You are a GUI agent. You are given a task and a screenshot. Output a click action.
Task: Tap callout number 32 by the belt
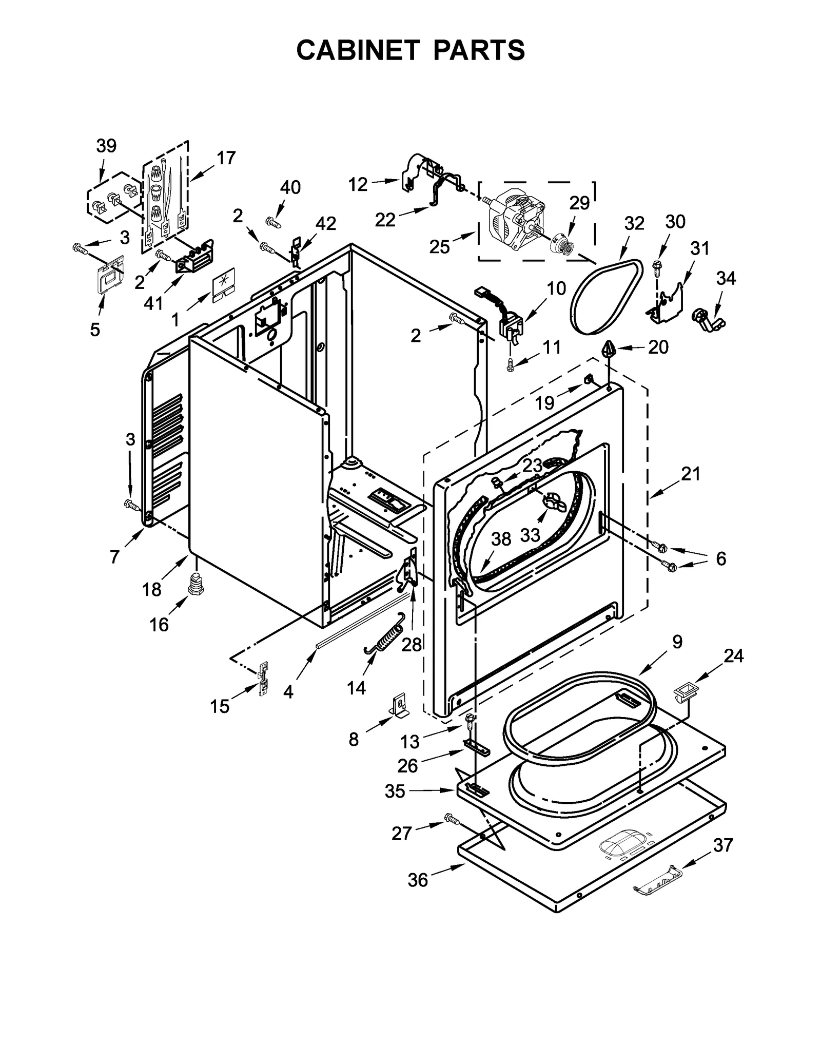pos(634,223)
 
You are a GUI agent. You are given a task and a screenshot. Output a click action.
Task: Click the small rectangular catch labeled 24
pos(684,689)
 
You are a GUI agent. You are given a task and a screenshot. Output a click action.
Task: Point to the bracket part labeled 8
pos(399,705)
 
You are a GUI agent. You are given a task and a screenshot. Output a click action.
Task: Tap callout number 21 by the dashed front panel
pos(691,473)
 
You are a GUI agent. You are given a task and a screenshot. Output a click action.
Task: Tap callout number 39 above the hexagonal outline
pos(106,146)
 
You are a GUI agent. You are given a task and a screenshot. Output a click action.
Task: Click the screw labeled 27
pos(451,819)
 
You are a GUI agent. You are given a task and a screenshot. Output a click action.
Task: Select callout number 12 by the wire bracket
pos(358,184)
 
